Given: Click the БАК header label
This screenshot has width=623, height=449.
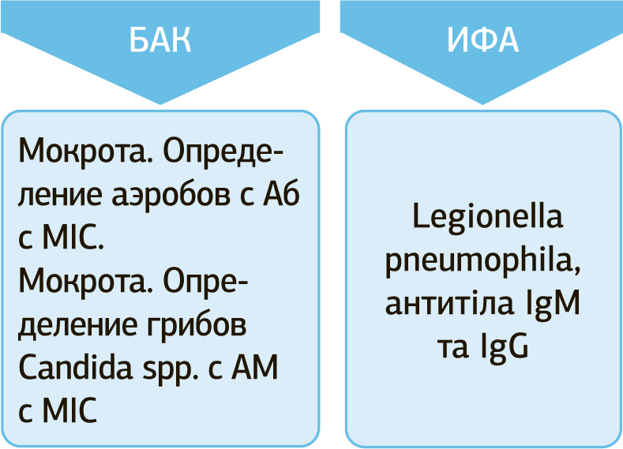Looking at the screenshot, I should tap(160, 41).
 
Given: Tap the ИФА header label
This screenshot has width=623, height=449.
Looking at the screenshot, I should tap(482, 41).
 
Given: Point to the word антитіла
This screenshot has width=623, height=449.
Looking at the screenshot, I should tap(447, 304).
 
